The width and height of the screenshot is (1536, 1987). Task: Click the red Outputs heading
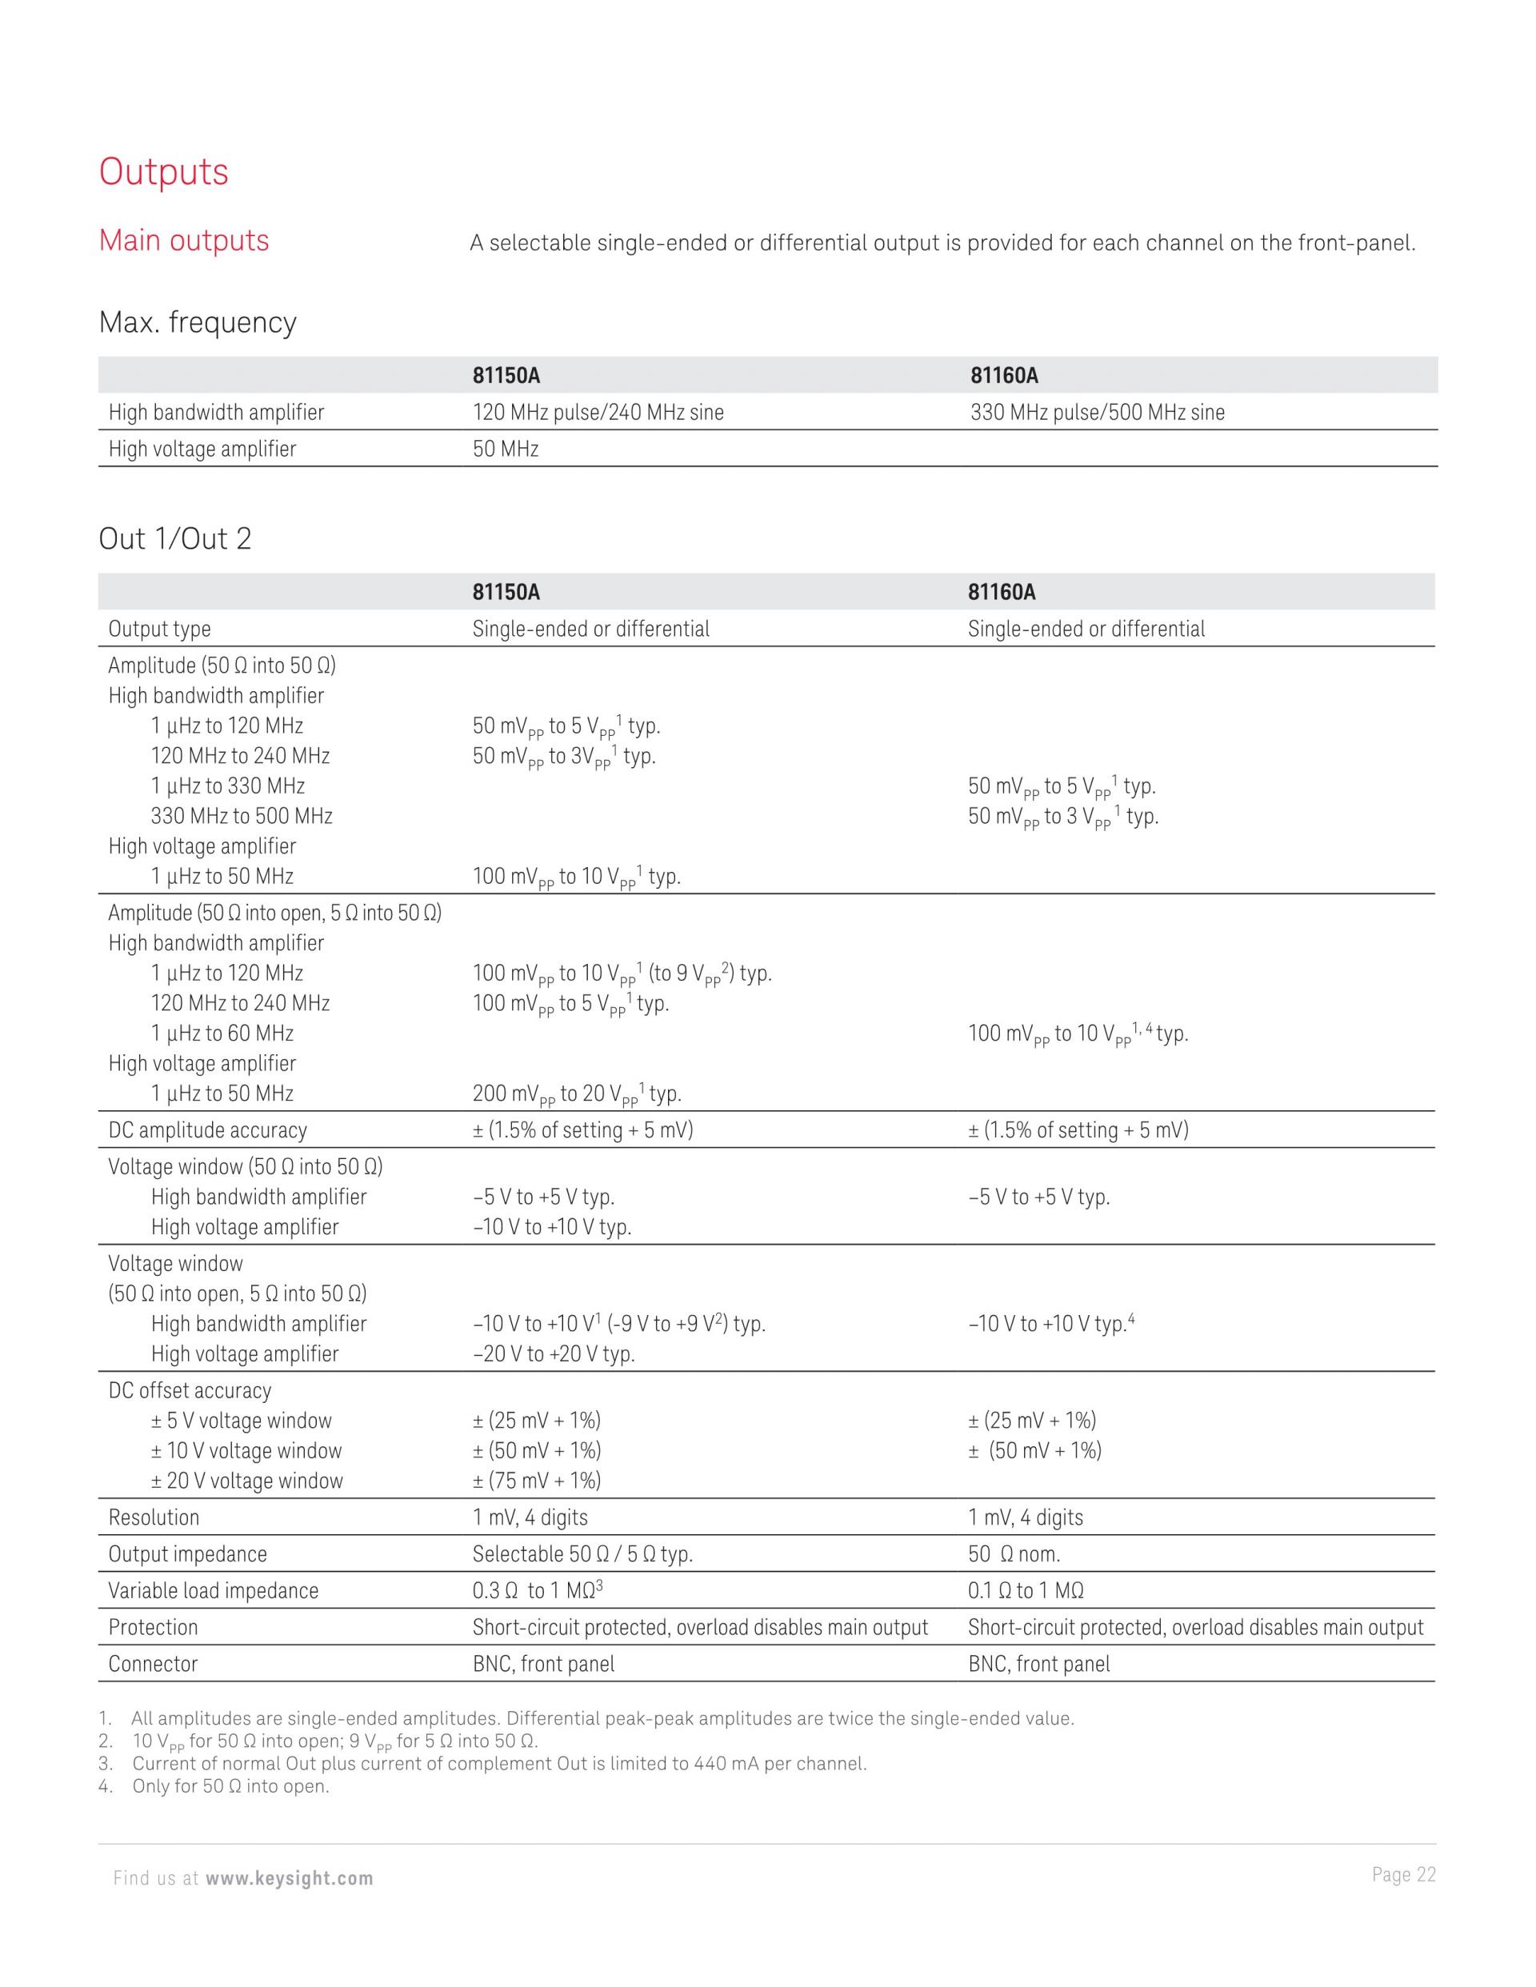(164, 172)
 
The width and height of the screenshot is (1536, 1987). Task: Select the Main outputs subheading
(184, 241)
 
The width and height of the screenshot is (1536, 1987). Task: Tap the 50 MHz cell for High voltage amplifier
(505, 450)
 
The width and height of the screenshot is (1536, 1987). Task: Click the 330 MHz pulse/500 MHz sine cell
(1097, 413)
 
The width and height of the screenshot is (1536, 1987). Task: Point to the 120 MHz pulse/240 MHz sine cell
(598, 413)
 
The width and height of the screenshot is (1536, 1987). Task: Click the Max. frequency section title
(198, 323)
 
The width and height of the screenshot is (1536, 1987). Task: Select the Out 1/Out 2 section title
(174, 539)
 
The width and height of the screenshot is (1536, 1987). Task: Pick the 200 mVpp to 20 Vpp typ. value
(576, 1094)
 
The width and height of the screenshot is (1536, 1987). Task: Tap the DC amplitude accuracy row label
(207, 1131)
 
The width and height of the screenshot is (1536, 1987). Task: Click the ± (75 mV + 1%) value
(537, 1481)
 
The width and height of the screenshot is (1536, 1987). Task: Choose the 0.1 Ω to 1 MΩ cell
(1026, 1591)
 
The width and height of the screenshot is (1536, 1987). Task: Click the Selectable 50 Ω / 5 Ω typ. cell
(582, 1555)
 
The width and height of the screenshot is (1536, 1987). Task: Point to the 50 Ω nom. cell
(1014, 1555)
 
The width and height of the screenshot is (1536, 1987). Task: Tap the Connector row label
(153, 1665)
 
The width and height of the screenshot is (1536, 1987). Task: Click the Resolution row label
(154, 1517)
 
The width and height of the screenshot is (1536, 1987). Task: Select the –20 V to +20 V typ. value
(554, 1355)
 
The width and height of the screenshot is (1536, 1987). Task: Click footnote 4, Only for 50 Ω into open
(230, 1787)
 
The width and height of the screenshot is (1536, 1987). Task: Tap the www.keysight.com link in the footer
(290, 1879)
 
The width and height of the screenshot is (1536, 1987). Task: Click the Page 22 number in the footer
(1403, 1875)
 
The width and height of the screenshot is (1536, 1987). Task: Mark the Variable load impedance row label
(214, 1591)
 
